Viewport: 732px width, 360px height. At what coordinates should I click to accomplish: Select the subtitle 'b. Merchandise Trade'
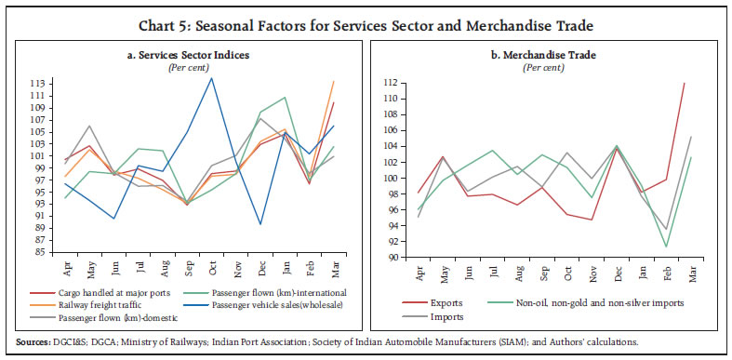click(x=548, y=56)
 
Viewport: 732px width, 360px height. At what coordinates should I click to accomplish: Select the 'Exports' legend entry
click(x=451, y=301)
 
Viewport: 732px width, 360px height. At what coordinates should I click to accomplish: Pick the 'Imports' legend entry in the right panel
click(x=452, y=316)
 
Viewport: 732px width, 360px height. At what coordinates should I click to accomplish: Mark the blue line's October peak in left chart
click(x=212, y=78)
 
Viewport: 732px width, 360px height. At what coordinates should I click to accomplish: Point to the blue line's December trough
click(x=260, y=224)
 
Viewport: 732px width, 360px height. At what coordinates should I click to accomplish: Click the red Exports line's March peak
click(x=685, y=84)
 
